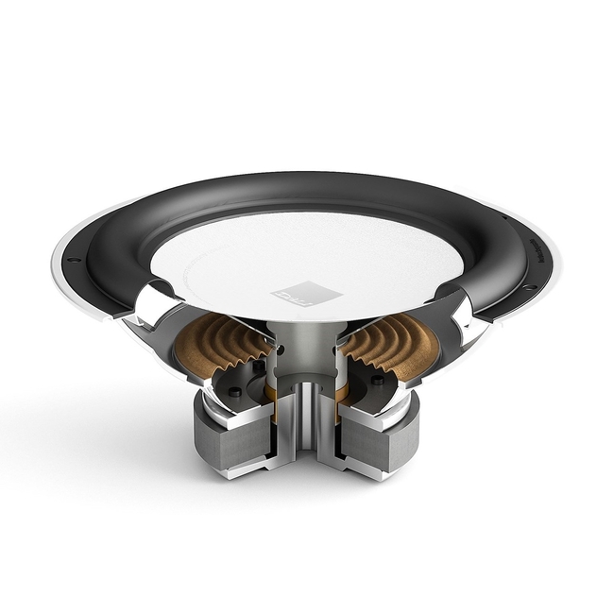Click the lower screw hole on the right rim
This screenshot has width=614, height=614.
(530, 287)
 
